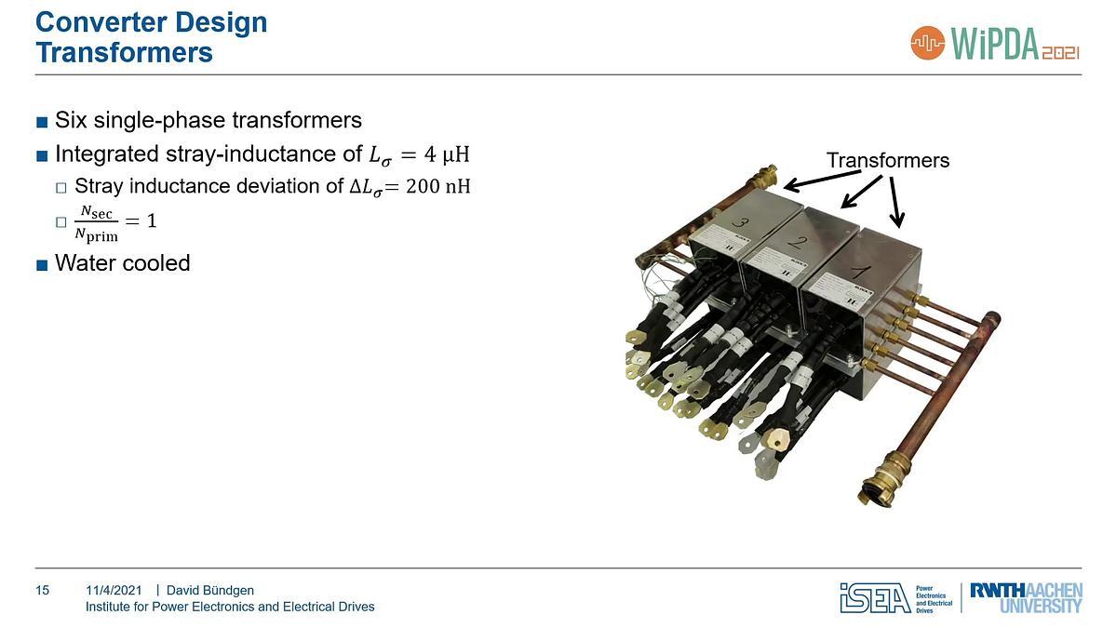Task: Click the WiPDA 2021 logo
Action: [x=995, y=42]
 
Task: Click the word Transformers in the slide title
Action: [x=124, y=52]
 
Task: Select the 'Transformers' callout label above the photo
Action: [x=887, y=160]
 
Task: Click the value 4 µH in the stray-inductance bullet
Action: [x=443, y=153]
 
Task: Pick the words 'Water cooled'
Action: [x=122, y=263]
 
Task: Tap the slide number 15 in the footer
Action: [x=42, y=590]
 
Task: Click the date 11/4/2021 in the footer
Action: [x=114, y=590]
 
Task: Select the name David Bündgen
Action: [x=209, y=590]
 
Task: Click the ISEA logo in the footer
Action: [x=875, y=598]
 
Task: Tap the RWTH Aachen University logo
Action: [x=1025, y=598]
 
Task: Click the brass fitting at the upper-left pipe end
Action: [x=767, y=177]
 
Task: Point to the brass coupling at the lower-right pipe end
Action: [x=881, y=483]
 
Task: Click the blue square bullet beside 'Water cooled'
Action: [x=41, y=264]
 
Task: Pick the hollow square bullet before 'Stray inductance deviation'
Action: [x=61, y=187]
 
